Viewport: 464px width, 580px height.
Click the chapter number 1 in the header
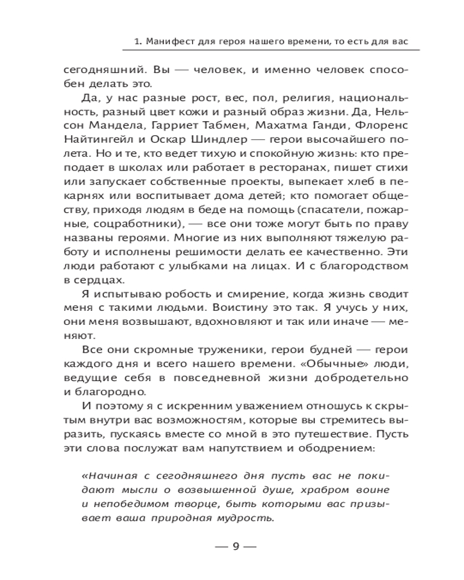tap(135, 42)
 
